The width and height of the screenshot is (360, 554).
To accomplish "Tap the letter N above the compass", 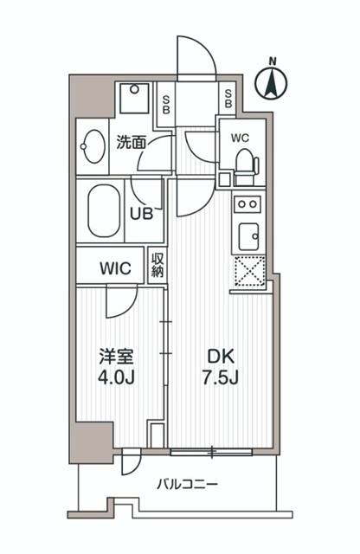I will [x=273, y=61].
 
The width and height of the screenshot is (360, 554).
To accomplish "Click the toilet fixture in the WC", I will [x=245, y=163].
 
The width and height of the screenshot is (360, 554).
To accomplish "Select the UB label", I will [x=142, y=213].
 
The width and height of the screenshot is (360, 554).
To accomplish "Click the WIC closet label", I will [x=115, y=268].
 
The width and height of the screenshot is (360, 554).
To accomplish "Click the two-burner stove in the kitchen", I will [x=248, y=205].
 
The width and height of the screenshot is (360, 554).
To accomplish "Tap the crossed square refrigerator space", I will [x=250, y=271].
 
